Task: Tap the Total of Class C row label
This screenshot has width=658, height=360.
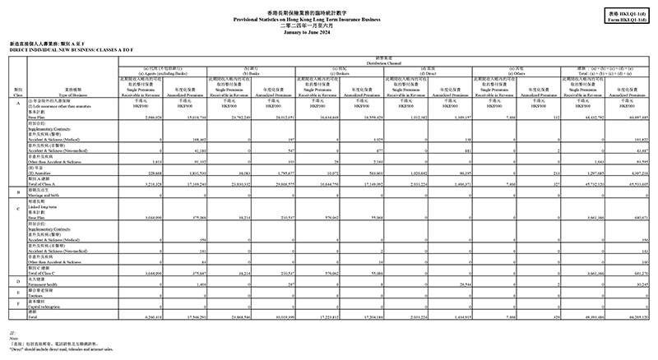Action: pyautogui.click(x=51, y=272)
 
